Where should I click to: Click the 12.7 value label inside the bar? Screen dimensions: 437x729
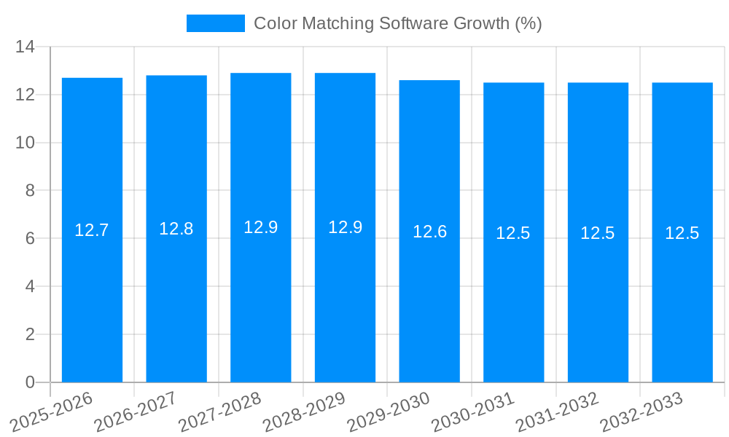(92, 230)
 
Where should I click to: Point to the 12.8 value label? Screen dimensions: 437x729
(176, 229)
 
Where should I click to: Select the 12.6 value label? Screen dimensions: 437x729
(429, 232)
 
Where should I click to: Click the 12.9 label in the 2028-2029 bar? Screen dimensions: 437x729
(345, 227)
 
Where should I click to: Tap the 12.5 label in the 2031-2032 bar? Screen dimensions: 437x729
(598, 233)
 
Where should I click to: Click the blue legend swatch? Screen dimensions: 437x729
(216, 23)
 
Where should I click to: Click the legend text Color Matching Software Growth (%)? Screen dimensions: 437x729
(397, 23)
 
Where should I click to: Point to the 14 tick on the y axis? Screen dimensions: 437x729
(26, 47)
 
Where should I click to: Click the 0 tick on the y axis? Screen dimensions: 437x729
(30, 382)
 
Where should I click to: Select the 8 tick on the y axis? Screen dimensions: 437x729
(30, 191)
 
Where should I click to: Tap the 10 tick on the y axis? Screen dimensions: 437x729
(26, 143)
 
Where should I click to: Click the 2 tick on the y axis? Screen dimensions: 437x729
(30, 334)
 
